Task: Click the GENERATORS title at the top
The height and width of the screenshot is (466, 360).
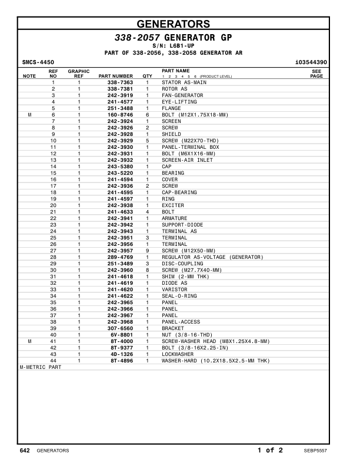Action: [173, 24]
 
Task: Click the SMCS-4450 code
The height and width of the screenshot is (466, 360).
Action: [38, 61]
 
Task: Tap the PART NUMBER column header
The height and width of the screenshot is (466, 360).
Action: [115, 76]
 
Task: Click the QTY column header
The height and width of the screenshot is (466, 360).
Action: [146, 76]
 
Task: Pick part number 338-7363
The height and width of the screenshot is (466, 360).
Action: [120, 82]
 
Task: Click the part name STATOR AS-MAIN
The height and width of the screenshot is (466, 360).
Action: [184, 82]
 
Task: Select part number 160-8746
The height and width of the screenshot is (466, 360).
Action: [120, 115]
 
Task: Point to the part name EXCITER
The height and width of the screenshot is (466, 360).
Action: [173, 205]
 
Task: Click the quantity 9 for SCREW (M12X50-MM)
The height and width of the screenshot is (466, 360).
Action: [147, 251]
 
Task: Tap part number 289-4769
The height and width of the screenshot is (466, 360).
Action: [120, 257]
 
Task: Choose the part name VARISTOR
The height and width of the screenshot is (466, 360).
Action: [175, 289]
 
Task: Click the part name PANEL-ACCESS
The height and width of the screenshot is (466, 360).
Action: [181, 322]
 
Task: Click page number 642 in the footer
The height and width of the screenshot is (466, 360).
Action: [25, 451]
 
